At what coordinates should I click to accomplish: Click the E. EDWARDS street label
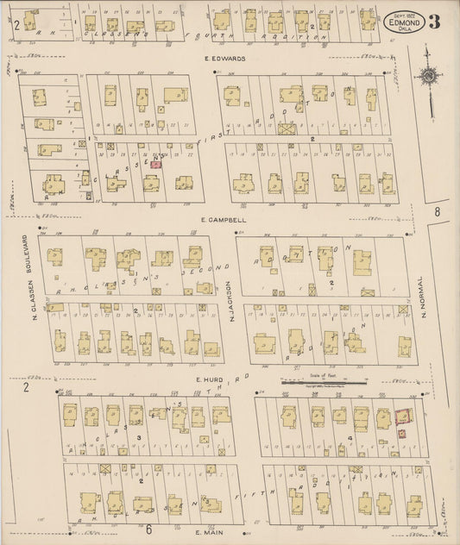(x=226, y=59)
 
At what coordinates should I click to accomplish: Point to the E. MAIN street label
(x=211, y=533)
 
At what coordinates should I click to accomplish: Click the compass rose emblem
(x=428, y=77)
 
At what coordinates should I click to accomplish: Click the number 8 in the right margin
(x=438, y=211)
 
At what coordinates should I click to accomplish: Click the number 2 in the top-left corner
(x=16, y=23)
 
